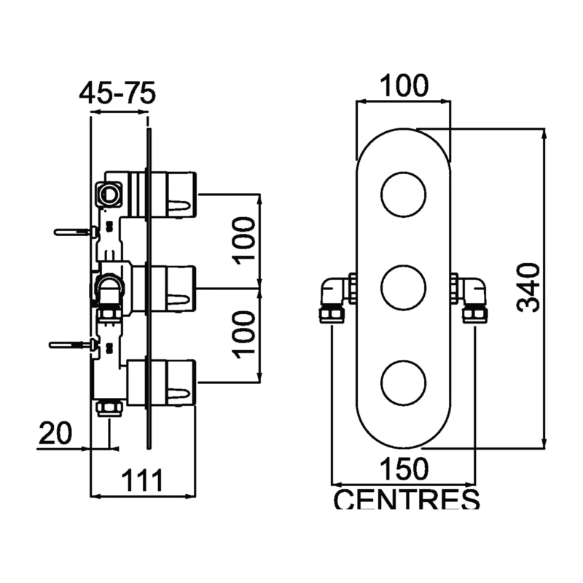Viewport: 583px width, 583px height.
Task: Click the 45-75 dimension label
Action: [x=118, y=94]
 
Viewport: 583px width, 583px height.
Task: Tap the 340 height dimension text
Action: [x=530, y=287]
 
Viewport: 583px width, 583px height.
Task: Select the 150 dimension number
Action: [x=404, y=469]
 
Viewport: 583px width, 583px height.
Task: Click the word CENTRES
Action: [x=407, y=501]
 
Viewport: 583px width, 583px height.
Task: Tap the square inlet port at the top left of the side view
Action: [x=110, y=194]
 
